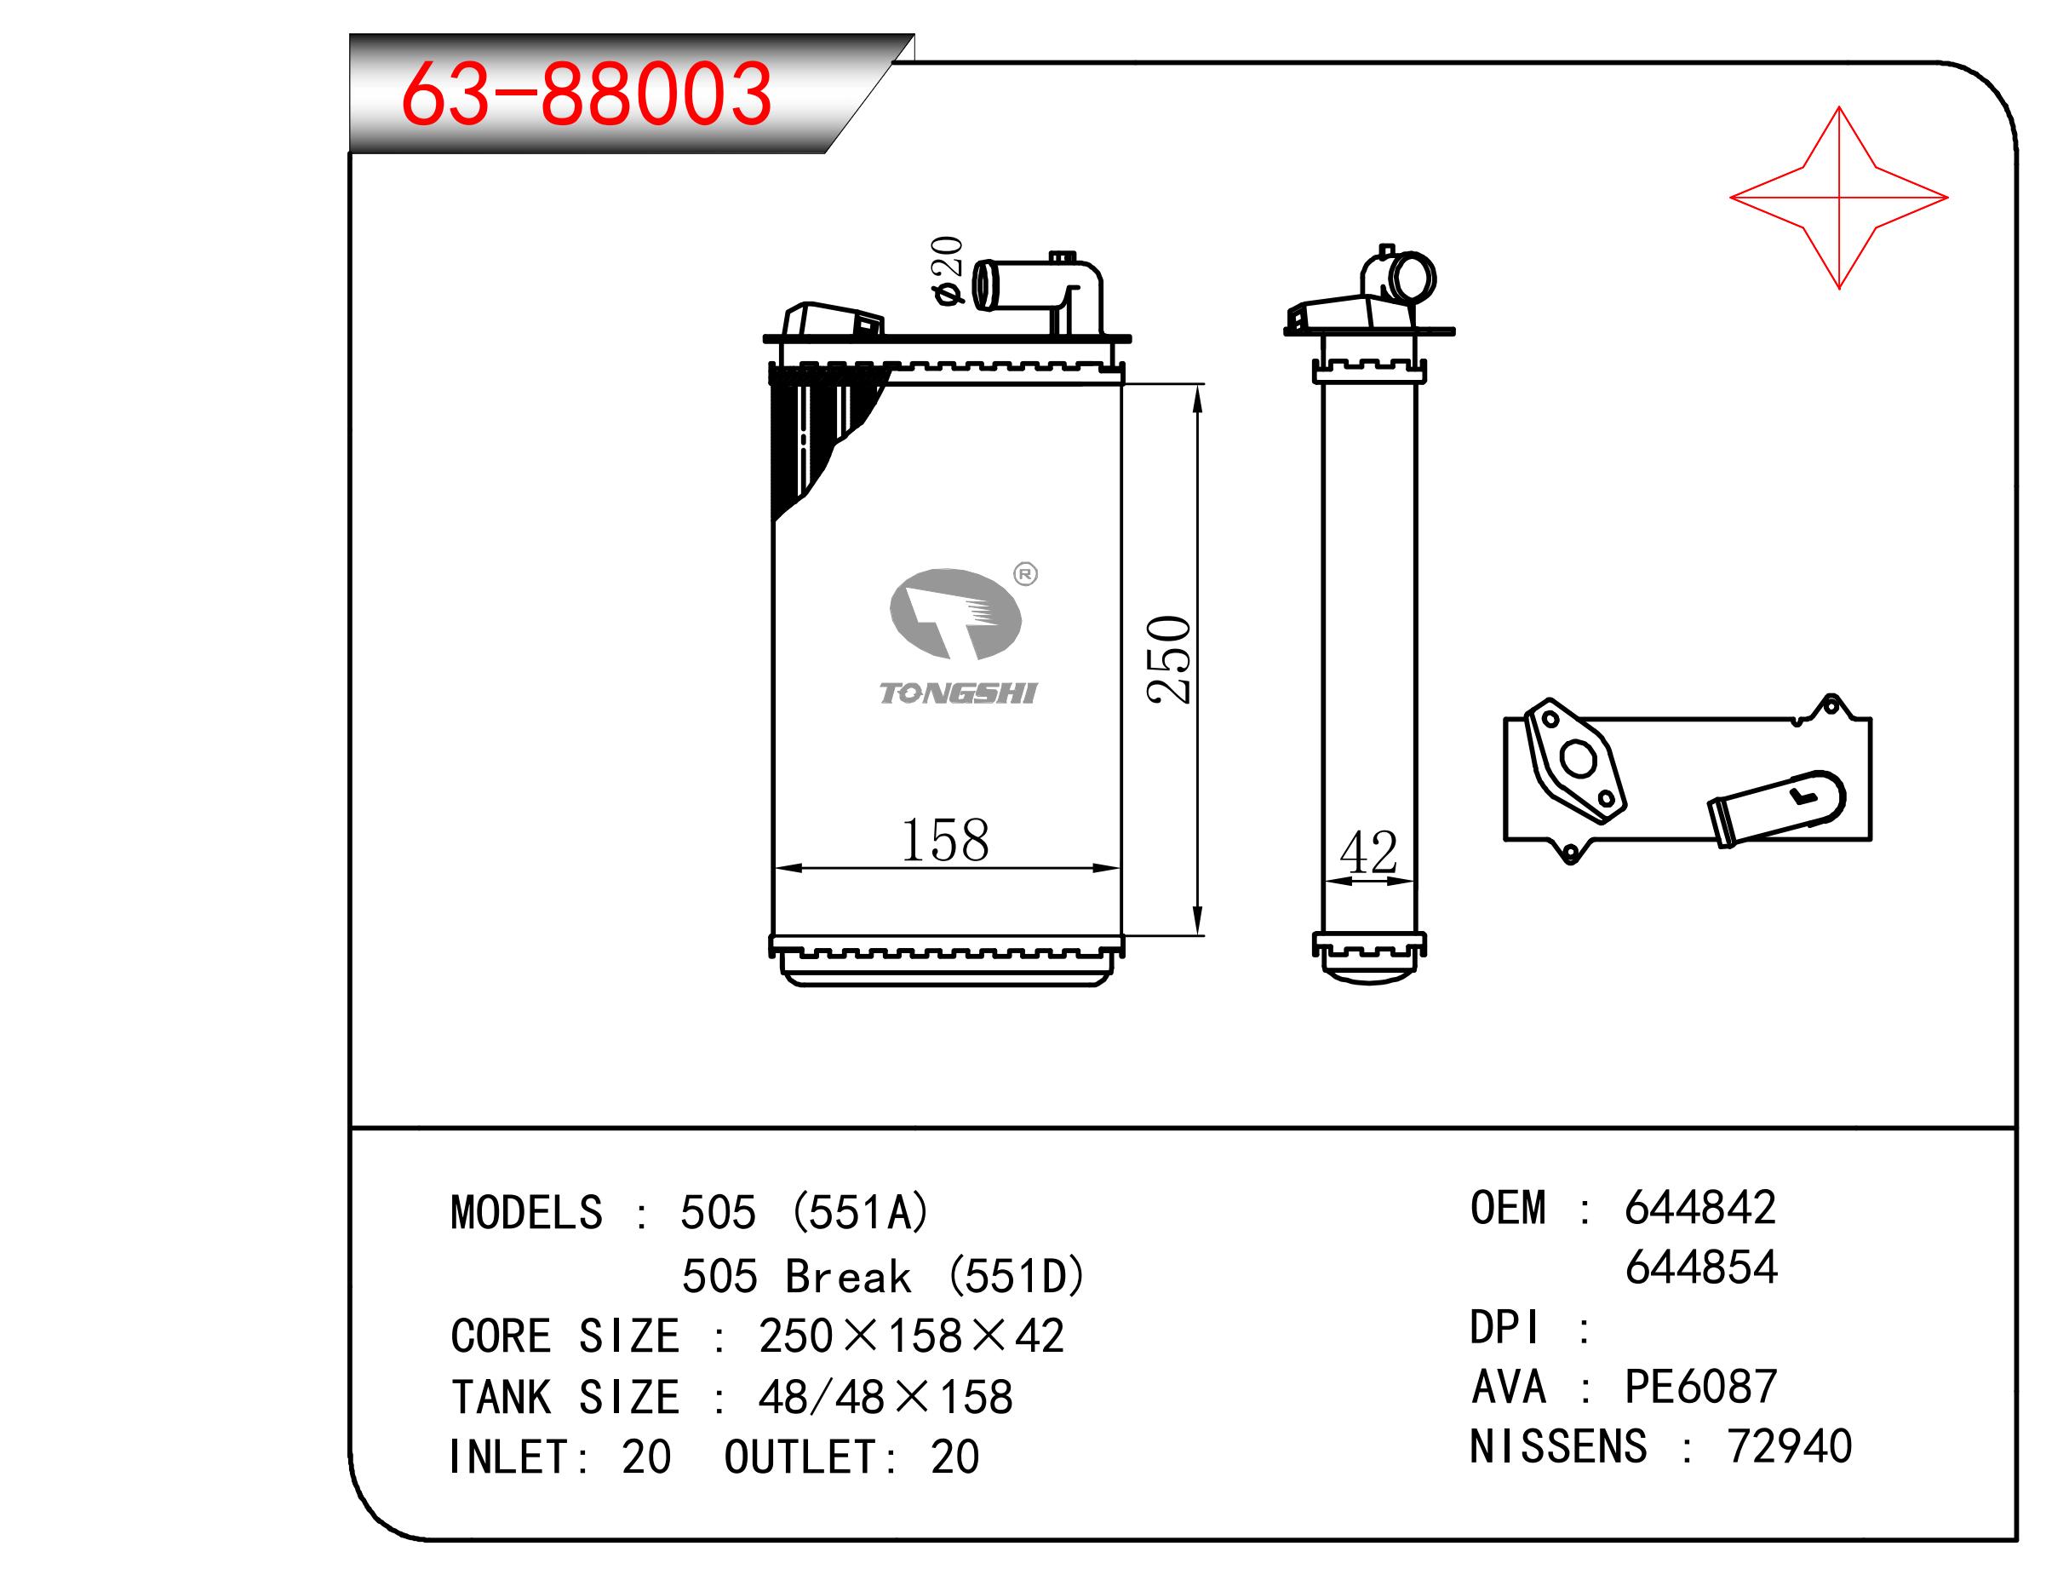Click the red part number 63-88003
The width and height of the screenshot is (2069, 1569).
(587, 94)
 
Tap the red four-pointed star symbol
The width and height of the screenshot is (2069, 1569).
(1838, 198)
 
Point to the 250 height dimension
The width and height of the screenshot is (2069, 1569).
(1169, 658)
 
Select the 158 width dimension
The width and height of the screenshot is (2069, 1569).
(945, 840)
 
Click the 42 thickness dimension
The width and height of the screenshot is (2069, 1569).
(1368, 853)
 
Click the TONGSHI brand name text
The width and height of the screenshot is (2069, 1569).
(958, 693)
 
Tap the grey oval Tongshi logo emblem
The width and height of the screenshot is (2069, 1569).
(955, 612)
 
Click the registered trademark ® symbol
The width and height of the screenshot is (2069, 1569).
(1025, 573)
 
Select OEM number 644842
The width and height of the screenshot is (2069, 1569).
(1699, 1208)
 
